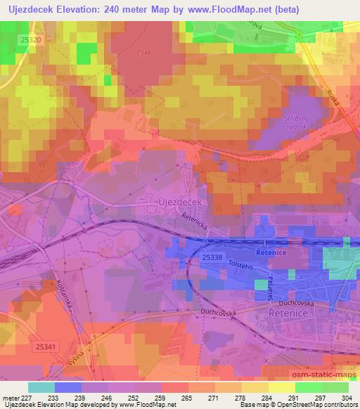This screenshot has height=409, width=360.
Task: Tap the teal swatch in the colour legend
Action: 41,387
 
